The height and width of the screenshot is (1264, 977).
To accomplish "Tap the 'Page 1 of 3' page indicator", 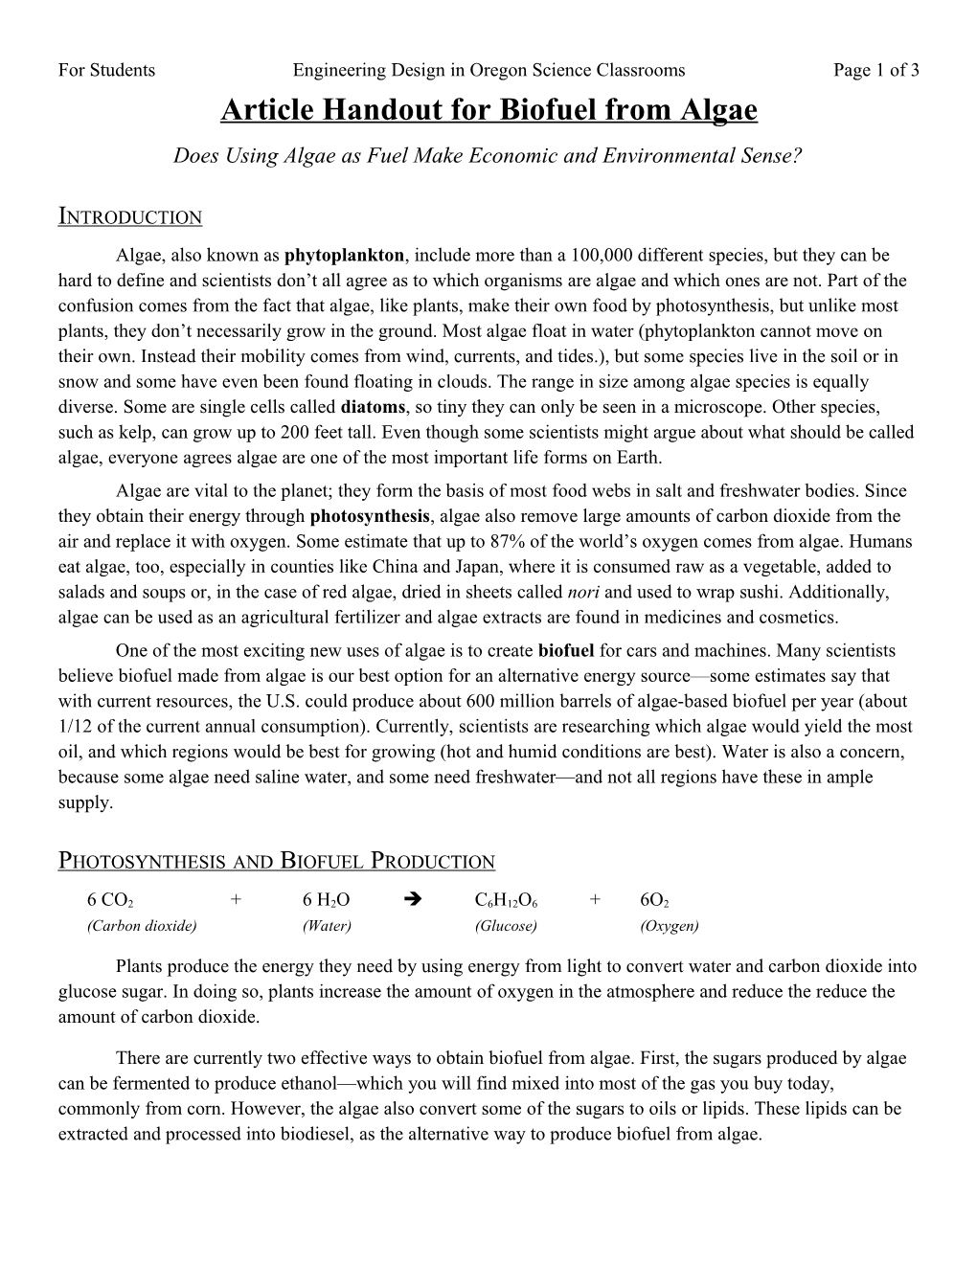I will pyautogui.click(x=875, y=70).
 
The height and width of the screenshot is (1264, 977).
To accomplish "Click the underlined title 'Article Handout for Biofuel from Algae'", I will pyautogui.click(x=488, y=111).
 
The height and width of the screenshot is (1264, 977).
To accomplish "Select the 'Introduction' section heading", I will pyautogui.click(x=130, y=215).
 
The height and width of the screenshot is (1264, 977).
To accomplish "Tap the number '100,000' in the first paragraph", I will pyautogui.click(x=601, y=256).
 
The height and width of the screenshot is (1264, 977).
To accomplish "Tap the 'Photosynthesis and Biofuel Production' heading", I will pyautogui.click(x=277, y=860).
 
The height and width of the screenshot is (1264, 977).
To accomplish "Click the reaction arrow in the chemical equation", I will pyautogui.click(x=414, y=900).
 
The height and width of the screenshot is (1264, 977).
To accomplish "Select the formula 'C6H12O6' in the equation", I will pyautogui.click(x=506, y=900).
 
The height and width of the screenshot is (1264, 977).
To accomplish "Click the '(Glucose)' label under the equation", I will pyautogui.click(x=506, y=925).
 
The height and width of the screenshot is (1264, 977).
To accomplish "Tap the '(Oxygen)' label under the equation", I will pyautogui.click(x=669, y=925).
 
